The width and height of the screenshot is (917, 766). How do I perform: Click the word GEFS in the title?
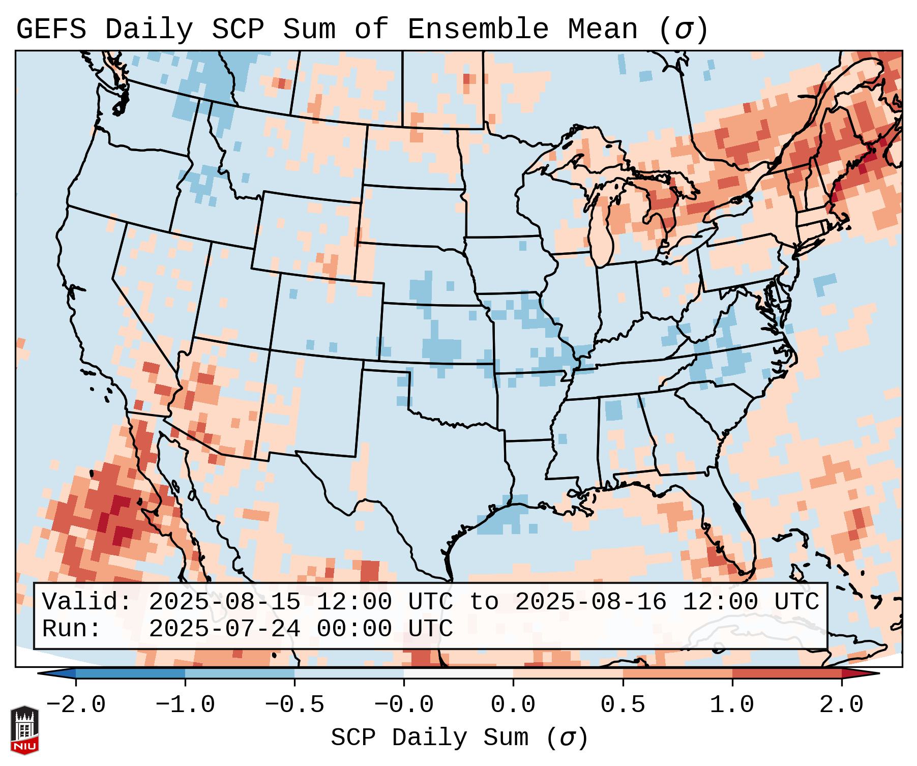(x=51, y=30)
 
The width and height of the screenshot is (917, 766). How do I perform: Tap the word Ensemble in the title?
(x=478, y=30)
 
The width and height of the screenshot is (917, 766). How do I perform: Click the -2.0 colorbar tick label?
(x=76, y=705)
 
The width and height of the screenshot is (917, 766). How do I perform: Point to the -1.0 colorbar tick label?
(x=185, y=705)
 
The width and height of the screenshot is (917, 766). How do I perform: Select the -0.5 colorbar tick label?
(x=294, y=705)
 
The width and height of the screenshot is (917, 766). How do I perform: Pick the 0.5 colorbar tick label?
(x=623, y=705)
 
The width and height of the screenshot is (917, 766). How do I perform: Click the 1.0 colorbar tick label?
(x=732, y=705)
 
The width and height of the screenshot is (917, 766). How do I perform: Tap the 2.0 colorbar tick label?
(x=842, y=705)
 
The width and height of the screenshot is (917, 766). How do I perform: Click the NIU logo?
(x=24, y=730)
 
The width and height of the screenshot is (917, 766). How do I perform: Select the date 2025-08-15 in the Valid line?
(x=224, y=602)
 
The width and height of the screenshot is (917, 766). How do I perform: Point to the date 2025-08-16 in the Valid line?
(x=590, y=602)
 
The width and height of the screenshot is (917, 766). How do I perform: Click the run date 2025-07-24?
(x=224, y=629)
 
